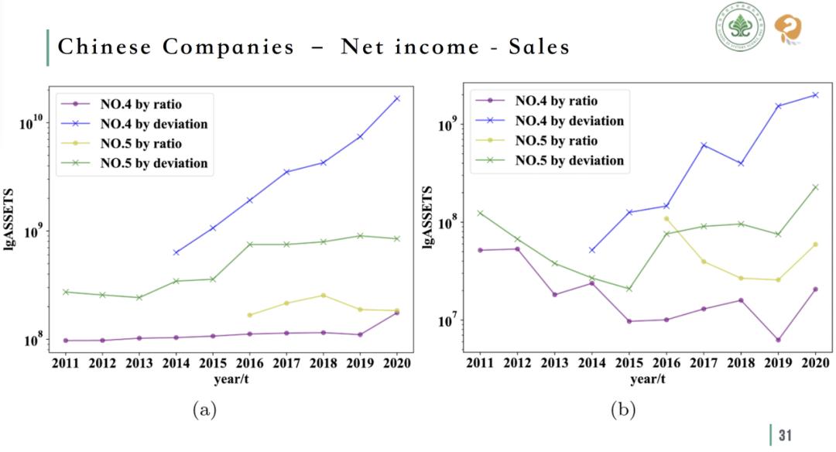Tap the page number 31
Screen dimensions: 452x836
point(784,435)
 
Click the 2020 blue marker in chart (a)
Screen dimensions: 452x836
point(397,98)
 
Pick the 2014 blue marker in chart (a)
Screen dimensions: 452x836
point(176,252)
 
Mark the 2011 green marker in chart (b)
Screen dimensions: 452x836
point(480,213)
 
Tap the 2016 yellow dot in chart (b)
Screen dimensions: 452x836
point(666,218)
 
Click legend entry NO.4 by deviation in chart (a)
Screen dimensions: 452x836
point(153,123)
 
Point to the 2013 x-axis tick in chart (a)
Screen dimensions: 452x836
point(139,363)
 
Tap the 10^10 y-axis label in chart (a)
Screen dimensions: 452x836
point(30,122)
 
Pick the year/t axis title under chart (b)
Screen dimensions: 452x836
point(647,378)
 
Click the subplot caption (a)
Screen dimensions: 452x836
point(204,410)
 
